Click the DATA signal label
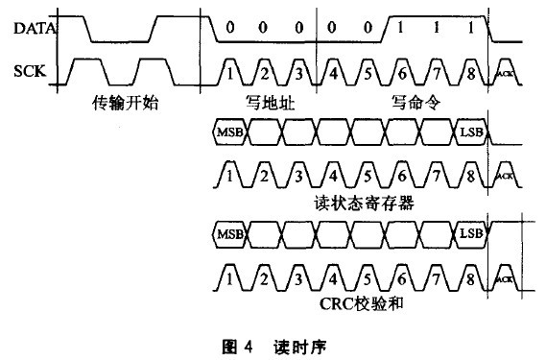34,29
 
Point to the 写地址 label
266,100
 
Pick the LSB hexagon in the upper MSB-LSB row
470,132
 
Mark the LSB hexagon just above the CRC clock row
470,233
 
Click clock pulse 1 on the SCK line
230,71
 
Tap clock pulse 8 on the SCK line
469,71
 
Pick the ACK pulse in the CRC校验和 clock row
506,278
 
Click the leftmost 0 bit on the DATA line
230,29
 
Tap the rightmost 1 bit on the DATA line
469,29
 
